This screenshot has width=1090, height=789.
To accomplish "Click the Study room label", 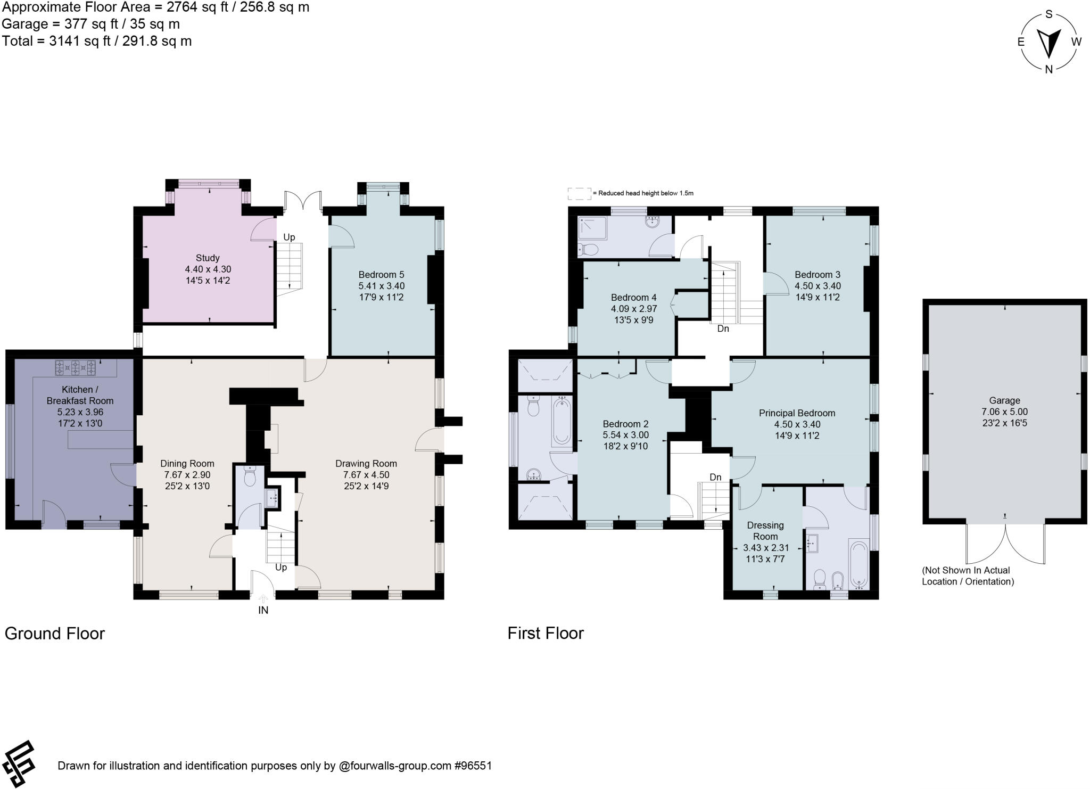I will click(208, 258).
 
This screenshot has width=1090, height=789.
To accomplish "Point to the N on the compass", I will click(1048, 69).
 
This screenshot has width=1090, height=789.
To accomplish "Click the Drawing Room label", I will click(366, 463).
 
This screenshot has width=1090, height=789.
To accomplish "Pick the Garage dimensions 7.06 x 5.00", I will click(1004, 412).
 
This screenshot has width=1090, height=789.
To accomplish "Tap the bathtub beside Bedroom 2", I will click(562, 421).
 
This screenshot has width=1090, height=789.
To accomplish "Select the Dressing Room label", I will click(765, 531).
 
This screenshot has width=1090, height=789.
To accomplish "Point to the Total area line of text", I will click(96, 41).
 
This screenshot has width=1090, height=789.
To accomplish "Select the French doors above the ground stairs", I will click(303, 201).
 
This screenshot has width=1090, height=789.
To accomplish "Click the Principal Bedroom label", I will click(797, 413).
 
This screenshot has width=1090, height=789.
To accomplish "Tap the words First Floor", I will click(545, 633).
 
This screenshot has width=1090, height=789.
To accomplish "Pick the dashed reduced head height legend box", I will click(579, 193).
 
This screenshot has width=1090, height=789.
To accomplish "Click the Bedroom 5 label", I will click(381, 275).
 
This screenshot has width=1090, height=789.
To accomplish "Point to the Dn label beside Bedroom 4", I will click(723, 329).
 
